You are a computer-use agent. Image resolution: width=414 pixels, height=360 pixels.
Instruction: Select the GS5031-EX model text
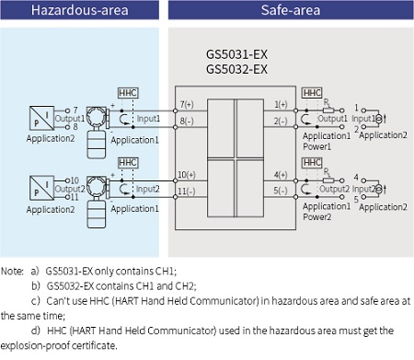click(236, 54)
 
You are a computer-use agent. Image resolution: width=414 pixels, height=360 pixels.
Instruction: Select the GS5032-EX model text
click(236, 69)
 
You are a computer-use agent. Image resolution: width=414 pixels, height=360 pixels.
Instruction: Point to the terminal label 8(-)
click(187, 122)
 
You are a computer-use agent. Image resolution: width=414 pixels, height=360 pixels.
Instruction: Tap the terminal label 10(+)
click(187, 173)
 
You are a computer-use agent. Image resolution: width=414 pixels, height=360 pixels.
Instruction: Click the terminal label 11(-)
click(187, 192)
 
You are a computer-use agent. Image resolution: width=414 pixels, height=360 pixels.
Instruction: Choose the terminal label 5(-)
click(281, 192)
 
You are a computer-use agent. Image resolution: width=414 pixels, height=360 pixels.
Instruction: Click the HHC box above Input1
click(128, 94)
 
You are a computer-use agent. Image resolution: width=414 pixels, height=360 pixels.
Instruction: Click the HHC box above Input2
click(128, 163)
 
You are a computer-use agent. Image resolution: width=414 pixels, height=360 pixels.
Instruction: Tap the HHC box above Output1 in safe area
click(313, 94)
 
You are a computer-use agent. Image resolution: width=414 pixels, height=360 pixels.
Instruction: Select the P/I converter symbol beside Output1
click(40, 118)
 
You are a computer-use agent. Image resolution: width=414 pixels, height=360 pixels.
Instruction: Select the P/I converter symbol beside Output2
click(40, 187)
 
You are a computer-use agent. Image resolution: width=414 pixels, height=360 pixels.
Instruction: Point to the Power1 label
click(316, 145)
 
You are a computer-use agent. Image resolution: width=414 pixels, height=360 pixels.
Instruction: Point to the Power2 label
click(316, 217)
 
